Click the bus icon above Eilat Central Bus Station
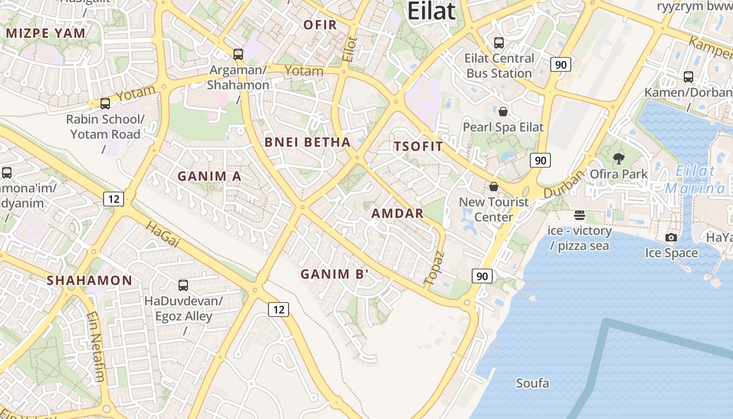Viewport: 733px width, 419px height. pyautogui.click(x=499, y=43)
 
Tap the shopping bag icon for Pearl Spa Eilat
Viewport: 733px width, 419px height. pyautogui.click(x=503, y=112)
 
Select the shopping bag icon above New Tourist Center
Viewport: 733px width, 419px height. pyautogui.click(x=493, y=186)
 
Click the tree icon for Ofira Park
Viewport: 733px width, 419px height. pyautogui.click(x=618, y=158)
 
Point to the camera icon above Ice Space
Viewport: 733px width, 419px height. pyautogui.click(x=671, y=237)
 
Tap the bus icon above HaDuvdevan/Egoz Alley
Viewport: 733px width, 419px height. pyautogui.click(x=183, y=285)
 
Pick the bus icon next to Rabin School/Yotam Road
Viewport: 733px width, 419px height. pyautogui.click(x=105, y=103)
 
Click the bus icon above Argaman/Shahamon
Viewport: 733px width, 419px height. pyautogui.click(x=238, y=54)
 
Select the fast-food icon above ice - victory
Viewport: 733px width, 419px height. pyautogui.click(x=579, y=215)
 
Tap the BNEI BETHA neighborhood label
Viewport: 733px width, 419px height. pyautogui.click(x=307, y=142)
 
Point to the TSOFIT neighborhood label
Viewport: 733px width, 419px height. pyautogui.click(x=418, y=146)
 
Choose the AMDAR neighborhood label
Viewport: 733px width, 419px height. pyautogui.click(x=397, y=213)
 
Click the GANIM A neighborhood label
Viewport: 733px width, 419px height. pyautogui.click(x=209, y=176)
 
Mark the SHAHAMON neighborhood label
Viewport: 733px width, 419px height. pyautogui.click(x=90, y=280)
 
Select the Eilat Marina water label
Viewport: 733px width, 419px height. pyautogui.click(x=695, y=179)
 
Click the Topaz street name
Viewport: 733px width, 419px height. pyautogui.click(x=435, y=268)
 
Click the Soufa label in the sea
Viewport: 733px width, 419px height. pyautogui.click(x=532, y=383)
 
